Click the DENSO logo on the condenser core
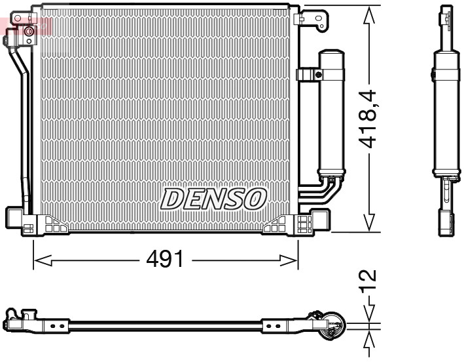point(213,198)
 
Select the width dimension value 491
point(164,260)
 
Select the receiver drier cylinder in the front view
point(331,111)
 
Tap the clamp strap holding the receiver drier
point(308,75)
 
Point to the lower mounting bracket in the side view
point(445,220)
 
